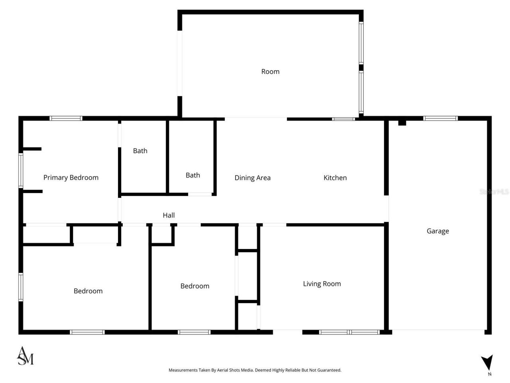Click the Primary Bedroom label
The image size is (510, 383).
[71, 178]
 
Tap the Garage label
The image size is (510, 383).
[437, 231]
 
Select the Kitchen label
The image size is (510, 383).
[335, 178]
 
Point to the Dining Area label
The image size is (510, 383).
[252, 178]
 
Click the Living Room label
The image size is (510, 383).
[322, 284]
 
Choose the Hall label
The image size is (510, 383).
[169, 215]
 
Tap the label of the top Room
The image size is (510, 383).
[270, 72]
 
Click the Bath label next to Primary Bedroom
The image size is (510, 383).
[140, 151]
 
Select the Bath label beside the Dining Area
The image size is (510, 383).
[192, 175]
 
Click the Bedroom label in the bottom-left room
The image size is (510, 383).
[88, 291]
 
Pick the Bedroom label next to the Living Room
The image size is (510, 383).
[194, 286]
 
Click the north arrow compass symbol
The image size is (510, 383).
[487, 362]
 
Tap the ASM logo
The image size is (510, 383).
[25, 356]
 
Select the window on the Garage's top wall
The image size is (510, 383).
[440, 118]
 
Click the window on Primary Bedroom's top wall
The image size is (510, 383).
[66, 118]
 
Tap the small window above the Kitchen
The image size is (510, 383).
[343, 119]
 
